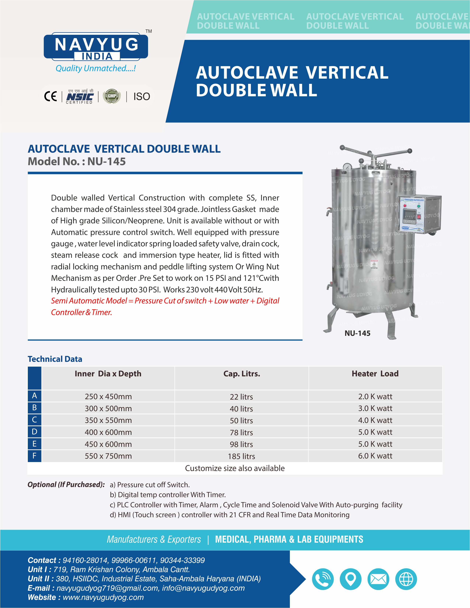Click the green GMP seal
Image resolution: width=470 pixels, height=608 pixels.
pos(112,96)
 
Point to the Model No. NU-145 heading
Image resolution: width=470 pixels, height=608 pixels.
pos(77,161)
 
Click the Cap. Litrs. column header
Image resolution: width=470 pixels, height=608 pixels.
pos(241,374)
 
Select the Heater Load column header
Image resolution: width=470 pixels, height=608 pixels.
pos(375,374)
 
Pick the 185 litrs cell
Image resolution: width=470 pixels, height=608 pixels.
pos(241,456)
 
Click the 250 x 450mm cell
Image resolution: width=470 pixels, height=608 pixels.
pos(108,396)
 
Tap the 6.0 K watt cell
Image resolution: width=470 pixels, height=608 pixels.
pos(375,456)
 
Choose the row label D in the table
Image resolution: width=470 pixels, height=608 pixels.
pos(34,432)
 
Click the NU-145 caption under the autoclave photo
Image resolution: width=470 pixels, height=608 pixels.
pos(357,333)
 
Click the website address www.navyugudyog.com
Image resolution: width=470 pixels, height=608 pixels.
pos(103,598)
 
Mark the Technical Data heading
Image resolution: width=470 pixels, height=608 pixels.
pos(55,359)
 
